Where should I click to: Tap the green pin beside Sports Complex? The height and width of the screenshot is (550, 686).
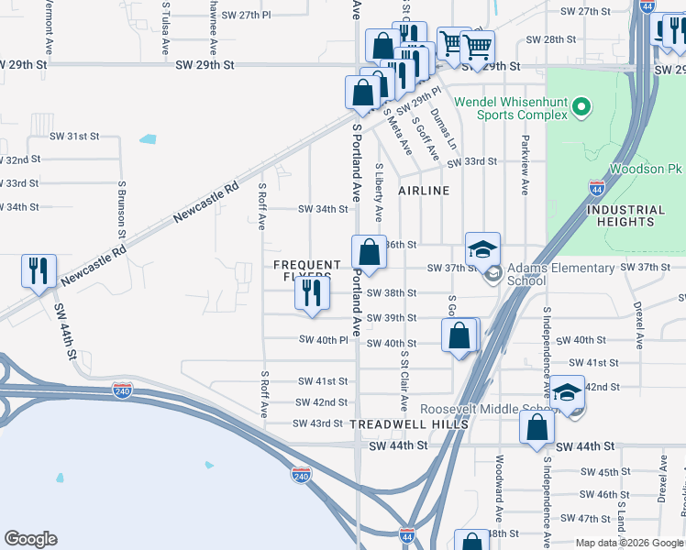click(x=580, y=109)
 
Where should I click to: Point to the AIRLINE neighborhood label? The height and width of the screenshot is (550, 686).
click(x=424, y=191)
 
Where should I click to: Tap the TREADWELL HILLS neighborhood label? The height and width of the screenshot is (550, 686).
click(x=409, y=424)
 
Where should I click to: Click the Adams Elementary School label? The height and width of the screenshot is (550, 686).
click(x=560, y=274)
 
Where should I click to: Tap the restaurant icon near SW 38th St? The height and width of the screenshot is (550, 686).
click(x=312, y=293)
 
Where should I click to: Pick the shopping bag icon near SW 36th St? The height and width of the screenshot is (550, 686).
click(x=369, y=252)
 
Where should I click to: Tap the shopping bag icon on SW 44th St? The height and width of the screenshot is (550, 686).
click(x=537, y=427)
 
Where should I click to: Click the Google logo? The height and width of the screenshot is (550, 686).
click(x=30, y=539)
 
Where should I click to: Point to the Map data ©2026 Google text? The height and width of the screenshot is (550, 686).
click(x=628, y=543)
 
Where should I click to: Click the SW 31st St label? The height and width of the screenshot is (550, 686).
click(x=75, y=136)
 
